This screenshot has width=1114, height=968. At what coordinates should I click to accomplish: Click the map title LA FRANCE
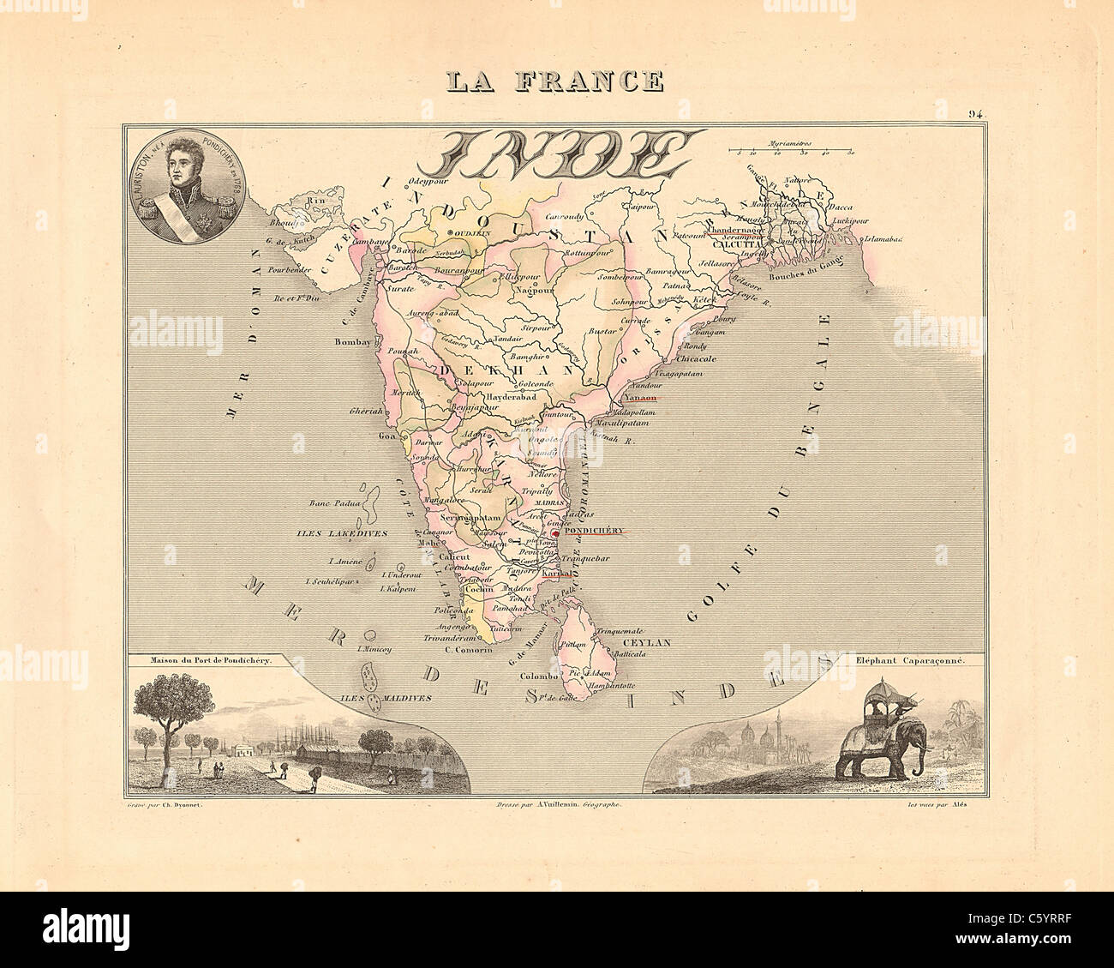pyautogui.click(x=554, y=81)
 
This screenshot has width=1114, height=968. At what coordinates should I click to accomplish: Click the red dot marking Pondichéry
pyautogui.click(x=554, y=532)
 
